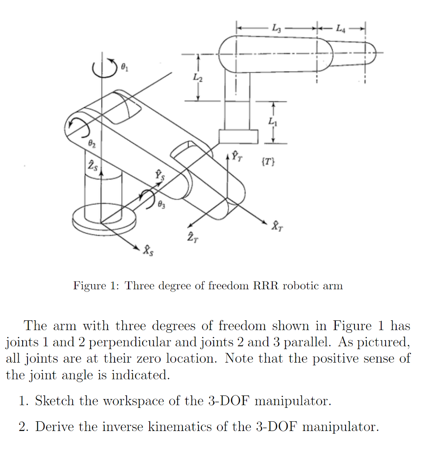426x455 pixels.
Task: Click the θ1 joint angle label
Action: coord(125,67)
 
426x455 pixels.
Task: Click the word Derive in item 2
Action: coord(55,427)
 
